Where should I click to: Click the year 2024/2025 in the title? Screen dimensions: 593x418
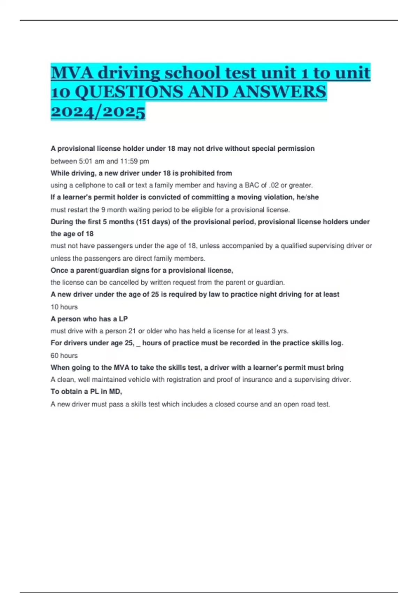(x=98, y=112)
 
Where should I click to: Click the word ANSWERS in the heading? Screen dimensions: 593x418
(x=280, y=92)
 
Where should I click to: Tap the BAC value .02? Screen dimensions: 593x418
(x=274, y=185)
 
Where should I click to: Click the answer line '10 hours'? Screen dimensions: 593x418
(x=64, y=307)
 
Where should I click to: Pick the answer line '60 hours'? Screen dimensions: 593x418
(x=64, y=355)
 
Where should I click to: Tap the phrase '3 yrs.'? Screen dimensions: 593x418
(x=280, y=331)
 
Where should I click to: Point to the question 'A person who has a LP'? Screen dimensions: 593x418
(x=89, y=319)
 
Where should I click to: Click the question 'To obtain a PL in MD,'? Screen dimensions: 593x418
(x=86, y=391)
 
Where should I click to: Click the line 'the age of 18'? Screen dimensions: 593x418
(x=72, y=234)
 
